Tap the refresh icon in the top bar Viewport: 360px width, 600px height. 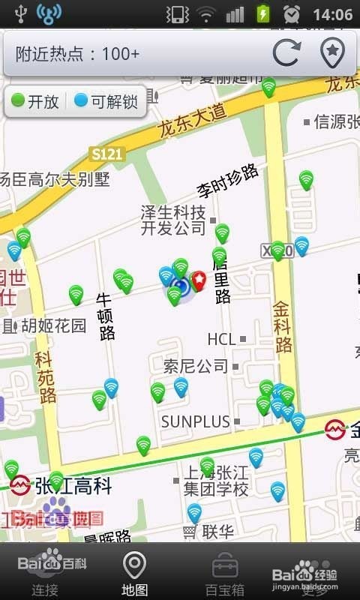tap(286, 53)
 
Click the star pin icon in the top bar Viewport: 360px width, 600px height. tap(332, 53)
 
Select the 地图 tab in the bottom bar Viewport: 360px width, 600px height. tap(134, 573)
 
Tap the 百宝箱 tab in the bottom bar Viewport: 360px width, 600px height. tap(224, 573)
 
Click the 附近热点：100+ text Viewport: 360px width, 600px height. tap(77, 54)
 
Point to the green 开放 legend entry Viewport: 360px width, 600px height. tap(35, 102)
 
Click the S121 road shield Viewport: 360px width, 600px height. tap(106, 153)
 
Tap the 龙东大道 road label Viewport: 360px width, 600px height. tap(192, 119)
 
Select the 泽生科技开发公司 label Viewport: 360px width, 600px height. tap(173, 220)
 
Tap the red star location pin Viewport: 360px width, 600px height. tap(199, 280)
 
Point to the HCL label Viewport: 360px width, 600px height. tap(221, 339)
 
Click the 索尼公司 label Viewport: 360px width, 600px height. tap(196, 367)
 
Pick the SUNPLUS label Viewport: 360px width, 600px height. tap(195, 422)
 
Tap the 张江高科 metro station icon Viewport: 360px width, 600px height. tap(20, 485)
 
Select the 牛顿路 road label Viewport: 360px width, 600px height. tap(106, 316)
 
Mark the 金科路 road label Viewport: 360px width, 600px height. tap(282, 327)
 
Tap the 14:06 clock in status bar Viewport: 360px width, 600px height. tap(332, 14)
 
